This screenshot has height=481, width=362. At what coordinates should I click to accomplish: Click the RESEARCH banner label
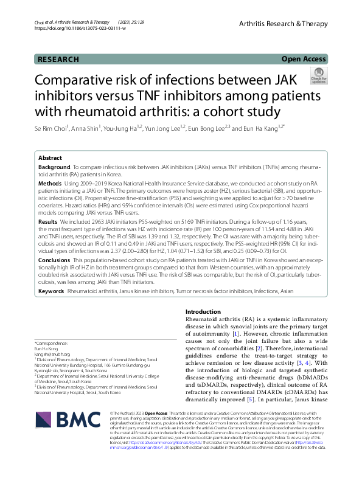coord(58,60)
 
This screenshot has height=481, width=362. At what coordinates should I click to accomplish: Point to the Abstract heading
coord(51,157)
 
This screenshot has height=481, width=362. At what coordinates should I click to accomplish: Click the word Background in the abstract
coord(54,167)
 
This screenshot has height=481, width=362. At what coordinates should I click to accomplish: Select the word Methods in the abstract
coord(50,183)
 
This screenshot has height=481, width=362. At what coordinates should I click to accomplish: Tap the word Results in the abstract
coord(49,223)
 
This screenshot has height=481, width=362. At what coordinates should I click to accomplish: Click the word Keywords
coord(52,292)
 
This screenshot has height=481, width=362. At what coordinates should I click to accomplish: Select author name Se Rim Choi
coord(51,129)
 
